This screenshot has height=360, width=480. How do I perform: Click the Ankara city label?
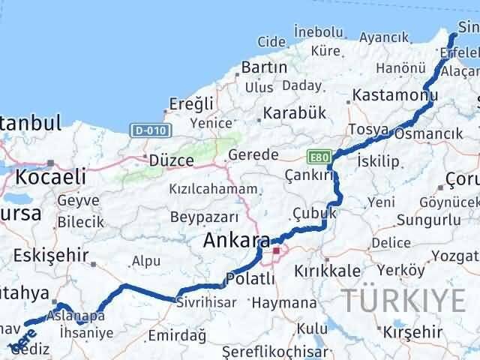[236, 241]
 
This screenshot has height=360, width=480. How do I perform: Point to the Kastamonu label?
[394, 95]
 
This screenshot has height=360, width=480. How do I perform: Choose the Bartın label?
[264, 67]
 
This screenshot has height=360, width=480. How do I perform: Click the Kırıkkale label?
[328, 271]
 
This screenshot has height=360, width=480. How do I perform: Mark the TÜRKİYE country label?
[404, 299]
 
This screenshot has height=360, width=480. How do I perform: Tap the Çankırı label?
[308, 174]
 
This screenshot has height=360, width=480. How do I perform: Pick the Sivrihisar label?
[205, 301]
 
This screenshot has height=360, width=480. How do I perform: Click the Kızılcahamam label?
[213, 189]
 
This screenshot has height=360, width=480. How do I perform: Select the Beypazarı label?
[204, 217]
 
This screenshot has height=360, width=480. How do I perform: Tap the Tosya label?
[369, 130]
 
